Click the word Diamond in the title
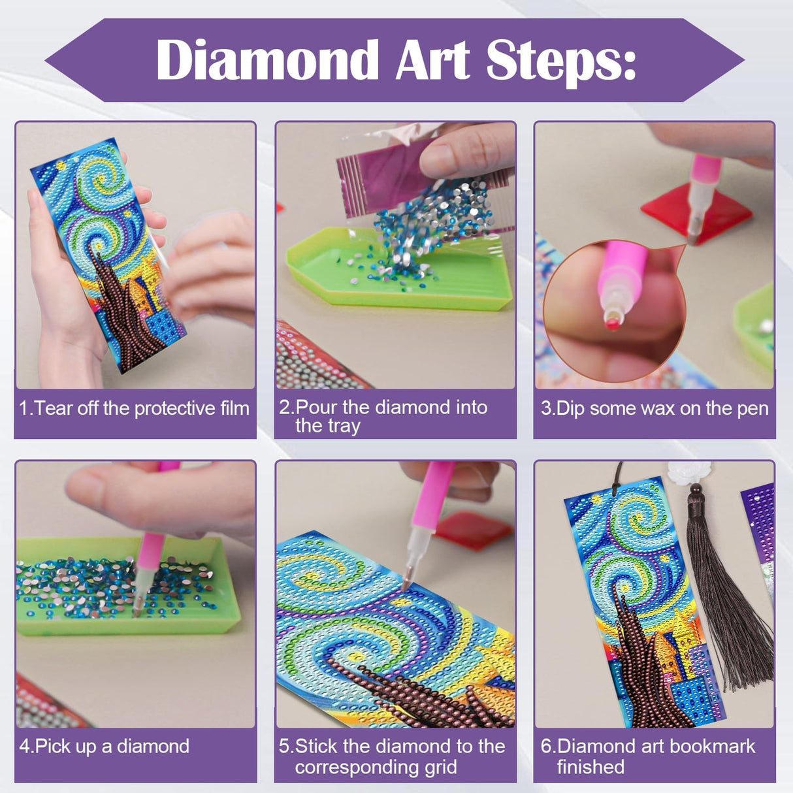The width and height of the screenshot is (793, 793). (267, 60)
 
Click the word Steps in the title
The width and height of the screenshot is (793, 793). (560, 60)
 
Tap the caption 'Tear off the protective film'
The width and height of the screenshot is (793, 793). (135, 409)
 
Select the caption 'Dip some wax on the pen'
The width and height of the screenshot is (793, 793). (655, 409)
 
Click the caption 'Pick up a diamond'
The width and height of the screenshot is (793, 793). (105, 746)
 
